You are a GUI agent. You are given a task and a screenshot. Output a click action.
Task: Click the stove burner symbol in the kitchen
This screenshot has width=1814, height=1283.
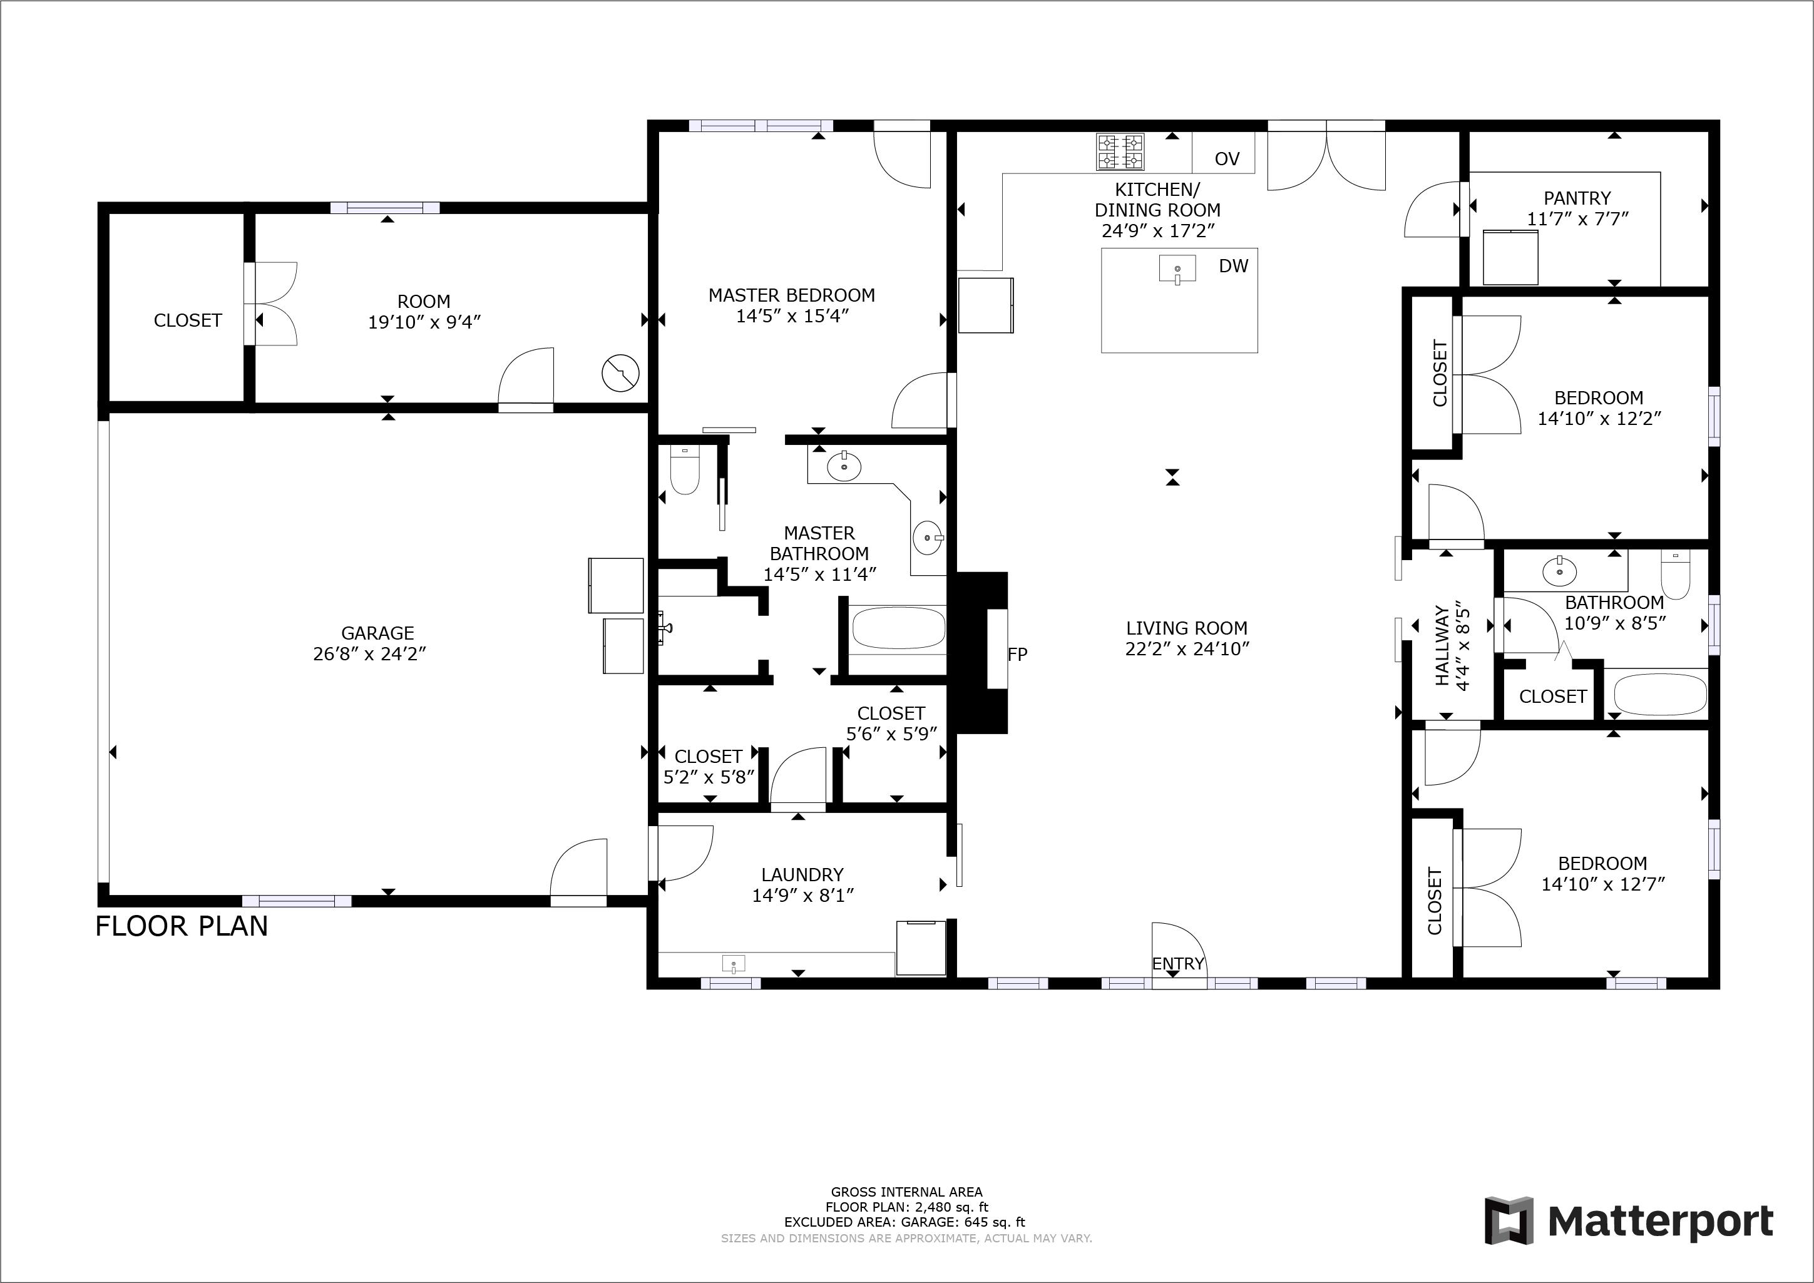pyautogui.click(x=1120, y=153)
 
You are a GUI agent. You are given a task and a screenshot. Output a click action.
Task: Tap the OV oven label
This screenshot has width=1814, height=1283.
pyautogui.click(x=1226, y=159)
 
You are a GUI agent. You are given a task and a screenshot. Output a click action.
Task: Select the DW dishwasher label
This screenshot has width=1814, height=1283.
pyautogui.click(x=1233, y=266)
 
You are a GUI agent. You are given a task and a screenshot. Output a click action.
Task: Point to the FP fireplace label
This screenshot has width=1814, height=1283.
pyautogui.click(x=1018, y=654)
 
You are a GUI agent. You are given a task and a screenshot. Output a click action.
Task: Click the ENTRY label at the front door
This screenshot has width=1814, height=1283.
pyautogui.click(x=1177, y=964)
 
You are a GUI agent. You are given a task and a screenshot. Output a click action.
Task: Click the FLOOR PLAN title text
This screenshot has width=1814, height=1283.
pyautogui.click(x=182, y=926)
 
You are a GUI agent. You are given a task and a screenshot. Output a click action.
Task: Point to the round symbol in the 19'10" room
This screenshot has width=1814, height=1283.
pyautogui.click(x=620, y=373)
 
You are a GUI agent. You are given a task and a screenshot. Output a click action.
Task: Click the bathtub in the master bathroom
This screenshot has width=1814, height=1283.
pyautogui.click(x=898, y=629)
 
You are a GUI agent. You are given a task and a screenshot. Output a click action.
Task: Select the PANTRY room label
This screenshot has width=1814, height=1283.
pyautogui.click(x=1577, y=198)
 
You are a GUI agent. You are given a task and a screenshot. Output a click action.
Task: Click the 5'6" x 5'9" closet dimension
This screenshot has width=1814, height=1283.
pyautogui.click(x=891, y=734)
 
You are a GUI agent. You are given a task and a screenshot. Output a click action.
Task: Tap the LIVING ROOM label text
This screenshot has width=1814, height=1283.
pyautogui.click(x=1187, y=628)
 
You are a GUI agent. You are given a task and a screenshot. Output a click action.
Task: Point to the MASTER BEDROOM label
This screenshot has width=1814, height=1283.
pyautogui.click(x=792, y=295)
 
